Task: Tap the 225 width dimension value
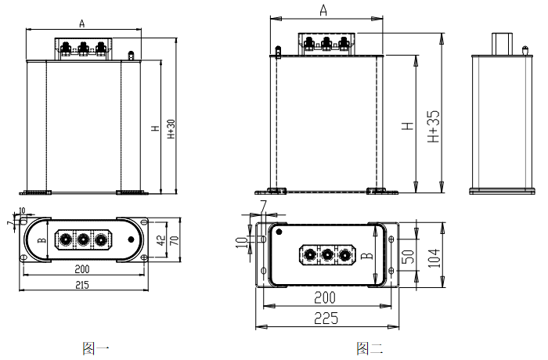click(326, 317)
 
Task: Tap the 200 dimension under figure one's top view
click(81, 268)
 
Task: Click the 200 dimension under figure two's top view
click(326, 297)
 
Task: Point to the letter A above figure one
click(82, 24)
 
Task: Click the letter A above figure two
click(323, 10)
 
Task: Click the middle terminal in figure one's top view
click(82, 239)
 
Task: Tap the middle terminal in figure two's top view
click(326, 254)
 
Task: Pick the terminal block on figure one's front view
click(82, 49)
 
